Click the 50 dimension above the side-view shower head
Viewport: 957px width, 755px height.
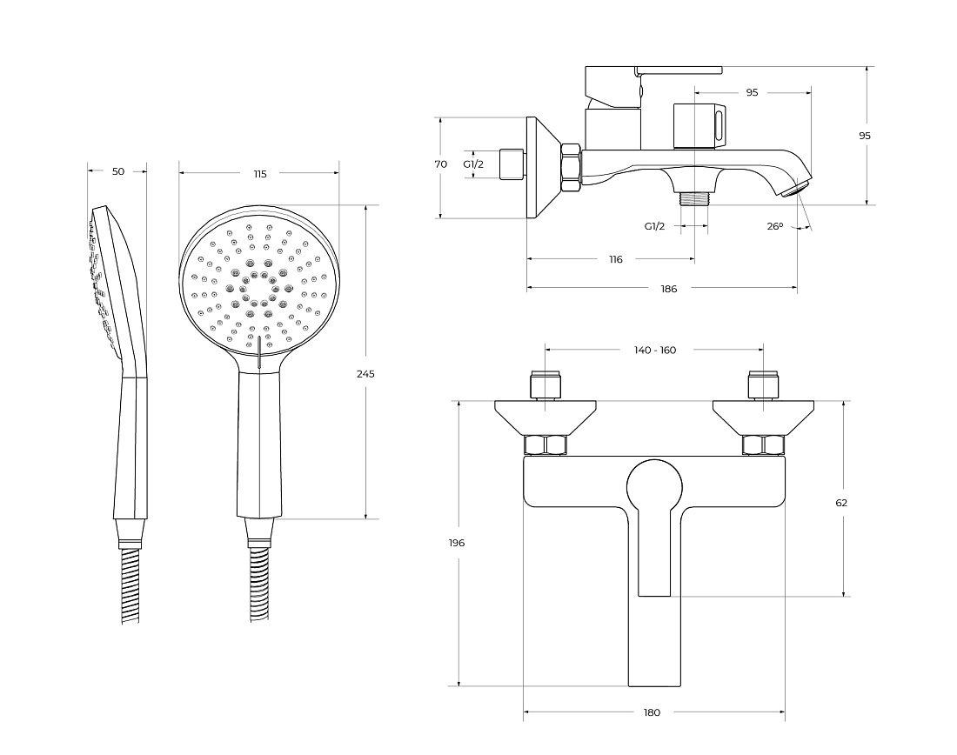click(x=118, y=171)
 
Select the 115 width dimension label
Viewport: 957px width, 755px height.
click(x=260, y=174)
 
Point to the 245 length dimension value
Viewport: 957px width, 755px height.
click(x=365, y=373)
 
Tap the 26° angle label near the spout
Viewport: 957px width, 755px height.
click(x=774, y=226)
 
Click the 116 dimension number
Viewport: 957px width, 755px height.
click(x=616, y=259)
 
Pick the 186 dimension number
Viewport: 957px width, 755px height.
click(x=669, y=289)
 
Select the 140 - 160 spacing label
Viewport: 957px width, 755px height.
click(x=655, y=351)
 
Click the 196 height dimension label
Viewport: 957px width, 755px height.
click(x=457, y=543)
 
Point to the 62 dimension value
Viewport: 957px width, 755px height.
click(x=841, y=503)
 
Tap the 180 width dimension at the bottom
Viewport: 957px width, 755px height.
click(x=652, y=712)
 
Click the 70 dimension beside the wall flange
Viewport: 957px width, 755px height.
click(x=441, y=164)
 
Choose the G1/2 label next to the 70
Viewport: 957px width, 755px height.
click(x=473, y=164)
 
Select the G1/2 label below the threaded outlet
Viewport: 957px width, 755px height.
click(x=655, y=226)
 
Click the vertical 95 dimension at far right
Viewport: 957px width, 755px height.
click(x=865, y=136)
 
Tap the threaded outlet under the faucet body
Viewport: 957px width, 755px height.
click(x=694, y=199)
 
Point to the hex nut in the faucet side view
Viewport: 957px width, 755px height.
click(x=572, y=169)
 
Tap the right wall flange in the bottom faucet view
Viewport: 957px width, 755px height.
click(x=763, y=418)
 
